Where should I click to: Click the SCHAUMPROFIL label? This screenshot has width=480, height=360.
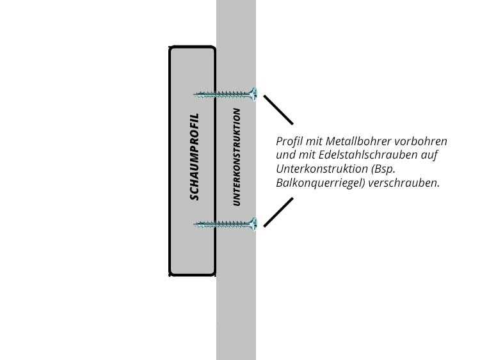coord(195,157)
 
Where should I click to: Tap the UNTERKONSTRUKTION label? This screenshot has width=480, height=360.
coord(237,157)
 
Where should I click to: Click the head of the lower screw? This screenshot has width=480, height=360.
coord(253,224)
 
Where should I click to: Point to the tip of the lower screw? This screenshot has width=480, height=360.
coord(194,224)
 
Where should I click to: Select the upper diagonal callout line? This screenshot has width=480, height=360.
coord(278,109)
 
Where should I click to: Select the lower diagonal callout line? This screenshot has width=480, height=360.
coord(278,212)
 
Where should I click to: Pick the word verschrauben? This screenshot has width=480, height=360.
coord(404,183)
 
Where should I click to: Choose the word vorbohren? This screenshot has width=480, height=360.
coord(421,141)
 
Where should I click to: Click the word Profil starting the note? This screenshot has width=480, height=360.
coord(289,141)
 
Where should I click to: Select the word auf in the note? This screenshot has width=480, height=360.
coord(429,155)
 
